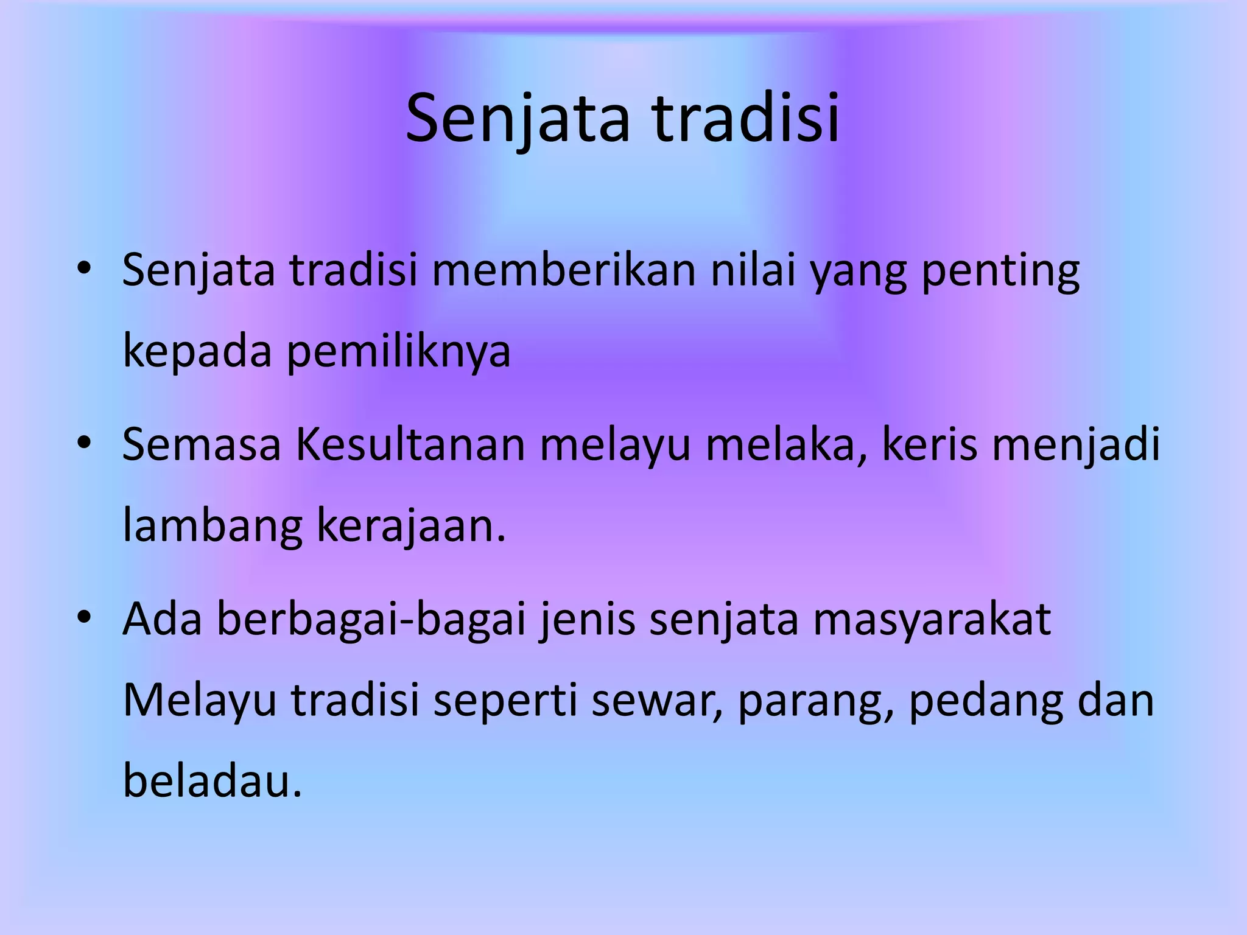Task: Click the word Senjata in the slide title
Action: coord(518,119)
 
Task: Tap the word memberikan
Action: coord(564,270)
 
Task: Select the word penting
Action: coord(1000,270)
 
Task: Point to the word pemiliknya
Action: coord(398,351)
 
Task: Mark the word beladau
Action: coord(212,782)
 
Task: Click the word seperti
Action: coord(505,701)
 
